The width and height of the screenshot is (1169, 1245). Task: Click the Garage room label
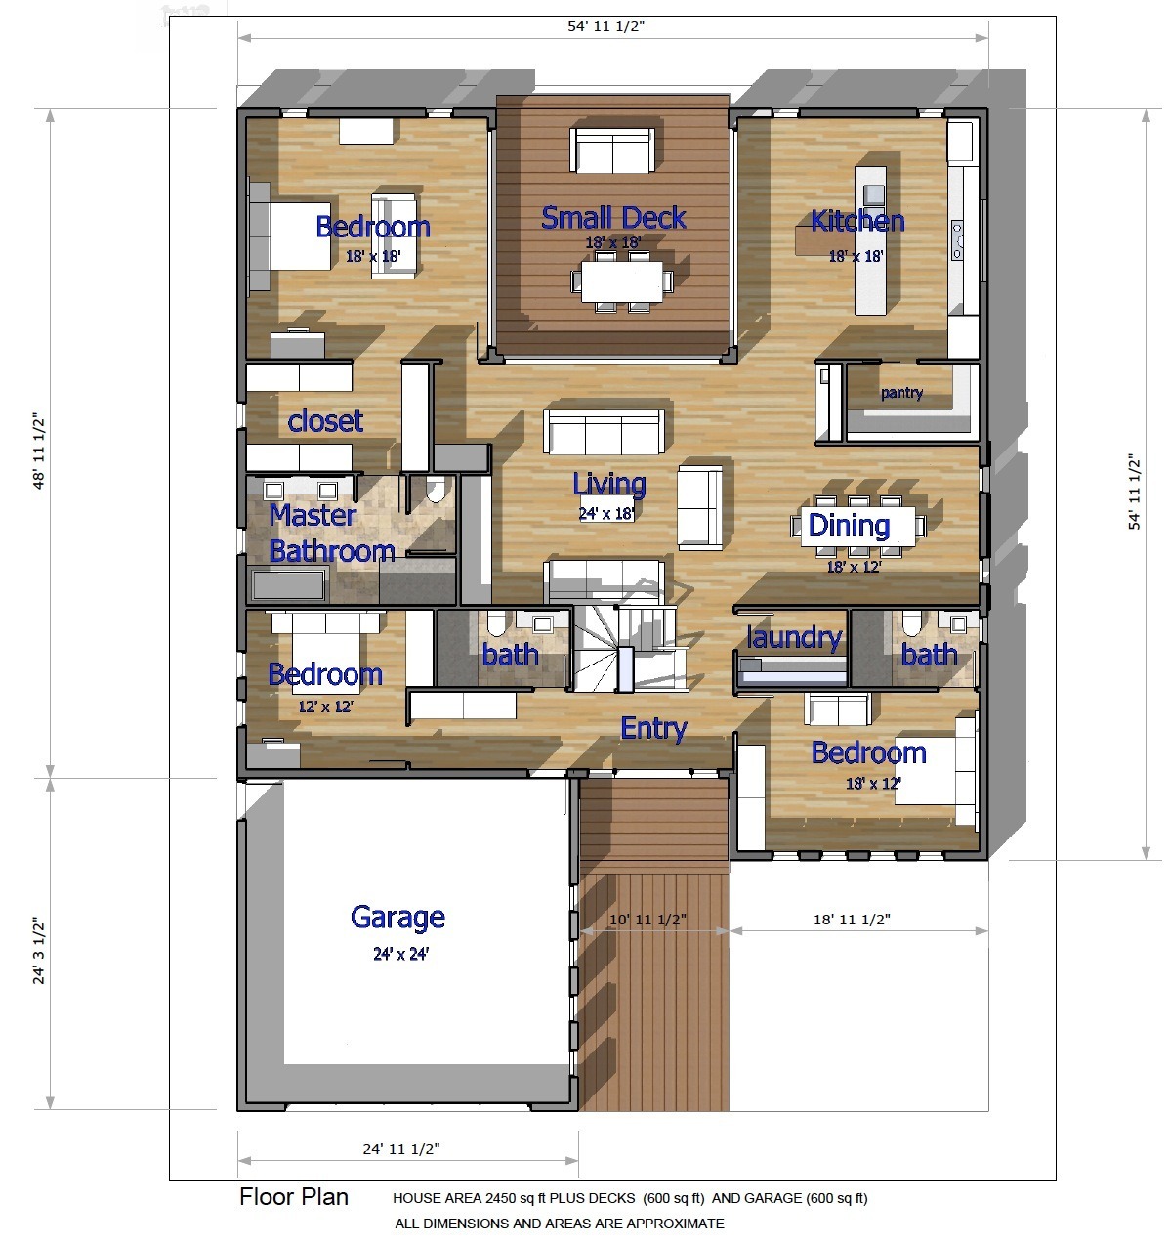(x=398, y=918)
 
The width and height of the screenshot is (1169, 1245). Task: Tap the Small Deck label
(x=613, y=218)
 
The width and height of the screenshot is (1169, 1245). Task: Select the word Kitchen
(x=857, y=221)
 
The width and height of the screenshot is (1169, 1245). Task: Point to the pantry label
(x=901, y=393)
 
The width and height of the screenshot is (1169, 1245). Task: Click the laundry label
(x=794, y=637)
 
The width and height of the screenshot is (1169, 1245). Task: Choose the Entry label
(x=653, y=729)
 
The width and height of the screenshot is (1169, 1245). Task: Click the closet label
(x=324, y=420)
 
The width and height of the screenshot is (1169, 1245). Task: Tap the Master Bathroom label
(x=332, y=534)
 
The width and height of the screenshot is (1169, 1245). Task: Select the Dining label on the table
(x=849, y=526)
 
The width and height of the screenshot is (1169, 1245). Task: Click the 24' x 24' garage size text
(x=400, y=954)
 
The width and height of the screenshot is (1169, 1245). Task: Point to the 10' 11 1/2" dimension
(x=647, y=919)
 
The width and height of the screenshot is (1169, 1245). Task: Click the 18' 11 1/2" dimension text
(x=852, y=919)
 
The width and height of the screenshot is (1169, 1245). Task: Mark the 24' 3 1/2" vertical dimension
(x=39, y=950)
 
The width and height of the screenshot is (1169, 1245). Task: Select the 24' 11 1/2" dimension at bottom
(x=401, y=1148)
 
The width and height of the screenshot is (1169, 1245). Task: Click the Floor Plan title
(x=293, y=1197)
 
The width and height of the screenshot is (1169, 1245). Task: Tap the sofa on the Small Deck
(x=612, y=150)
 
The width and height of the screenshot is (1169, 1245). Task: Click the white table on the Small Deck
(x=621, y=281)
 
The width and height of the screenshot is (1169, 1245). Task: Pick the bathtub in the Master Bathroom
(x=289, y=584)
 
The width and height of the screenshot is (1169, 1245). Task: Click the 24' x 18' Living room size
(x=606, y=514)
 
